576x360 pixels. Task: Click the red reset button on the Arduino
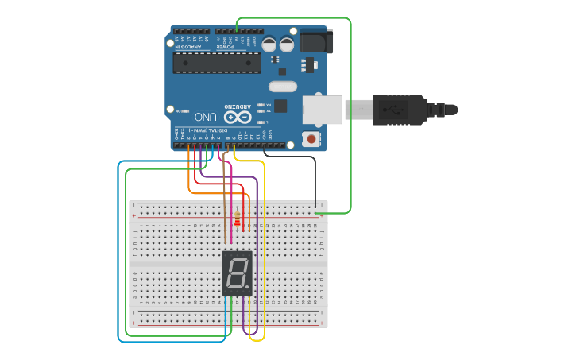click(x=311, y=139)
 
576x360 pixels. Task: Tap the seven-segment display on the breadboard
click(x=237, y=273)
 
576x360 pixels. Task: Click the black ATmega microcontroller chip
click(x=217, y=63)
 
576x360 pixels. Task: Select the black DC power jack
click(x=315, y=41)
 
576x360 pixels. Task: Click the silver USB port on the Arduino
click(x=322, y=109)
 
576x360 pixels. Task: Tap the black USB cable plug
click(x=401, y=109)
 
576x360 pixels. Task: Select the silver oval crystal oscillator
click(x=282, y=86)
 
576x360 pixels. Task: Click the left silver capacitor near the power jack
click(x=269, y=45)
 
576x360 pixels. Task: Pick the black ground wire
click(x=315, y=179)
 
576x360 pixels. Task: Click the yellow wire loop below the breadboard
click(x=257, y=339)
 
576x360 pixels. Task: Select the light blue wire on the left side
click(x=119, y=254)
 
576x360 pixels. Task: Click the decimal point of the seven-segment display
click(x=248, y=288)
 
